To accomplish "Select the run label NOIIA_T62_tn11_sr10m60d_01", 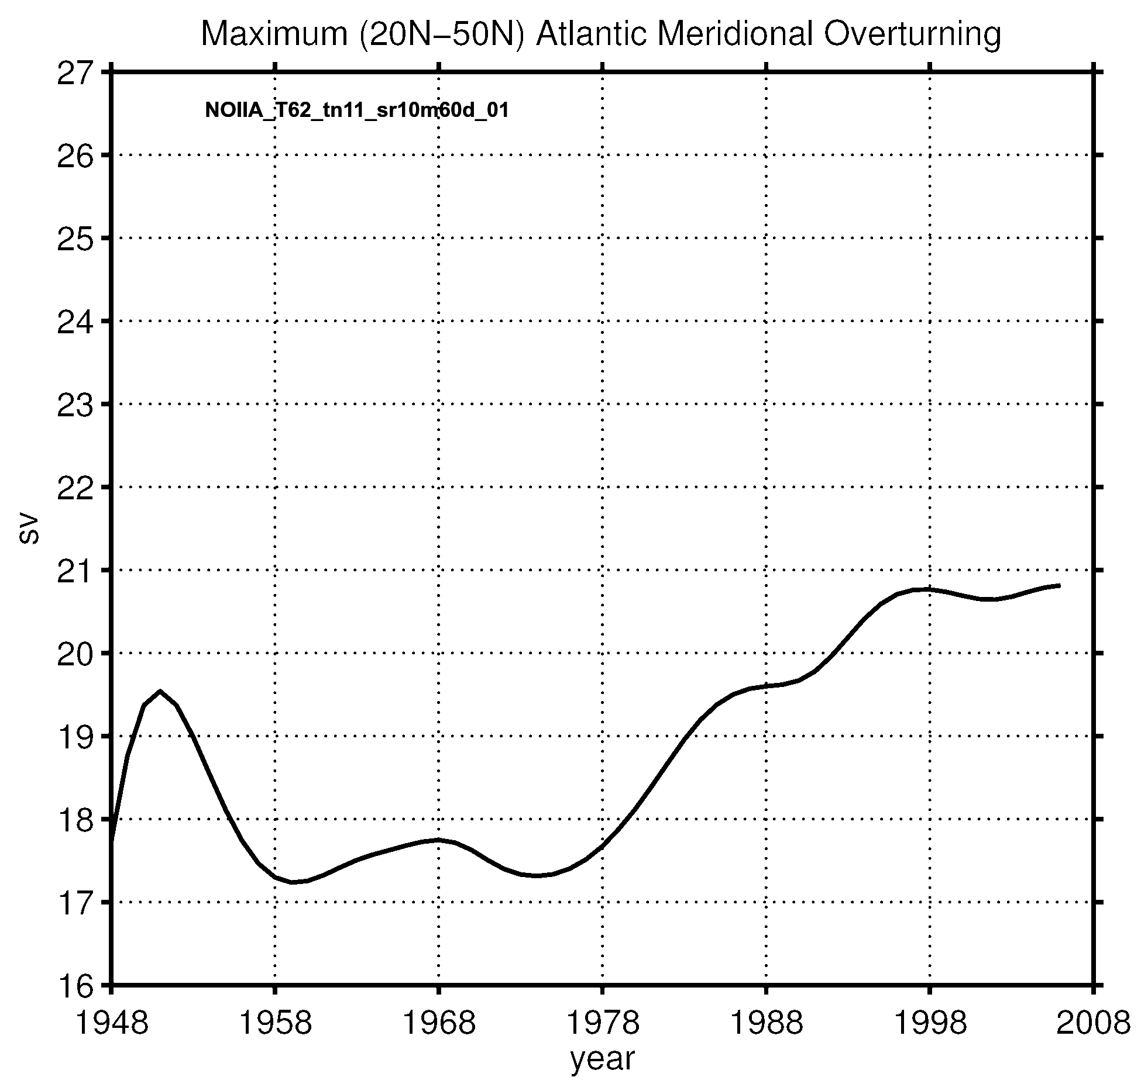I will click(x=356, y=110).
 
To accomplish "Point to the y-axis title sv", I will click(x=28, y=530).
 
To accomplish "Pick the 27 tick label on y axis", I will click(x=75, y=74).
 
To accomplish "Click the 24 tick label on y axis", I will click(x=75, y=322).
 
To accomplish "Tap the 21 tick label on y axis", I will click(x=75, y=571).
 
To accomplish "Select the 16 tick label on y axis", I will click(x=75, y=986).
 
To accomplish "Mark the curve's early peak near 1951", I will click(x=160, y=691).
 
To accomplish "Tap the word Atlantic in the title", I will click(x=590, y=35).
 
